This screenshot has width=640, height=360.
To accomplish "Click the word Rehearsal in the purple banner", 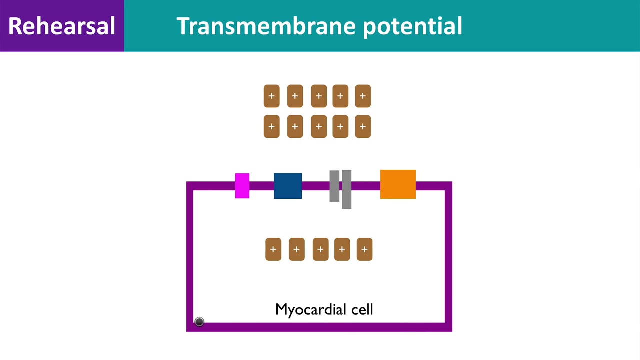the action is point(61,26).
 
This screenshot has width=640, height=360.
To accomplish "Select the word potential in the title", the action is point(413,27).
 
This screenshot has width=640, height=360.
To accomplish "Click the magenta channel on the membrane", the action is point(242,186).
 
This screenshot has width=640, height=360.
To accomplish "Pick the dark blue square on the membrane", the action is point(288,186).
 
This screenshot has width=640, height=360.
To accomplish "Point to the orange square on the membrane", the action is point(398,184).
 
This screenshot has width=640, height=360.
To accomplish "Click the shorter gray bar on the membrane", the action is point(334,186).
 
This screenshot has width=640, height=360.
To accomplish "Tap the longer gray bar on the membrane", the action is point(347,189).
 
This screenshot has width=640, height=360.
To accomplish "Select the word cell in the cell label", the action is point(362,309).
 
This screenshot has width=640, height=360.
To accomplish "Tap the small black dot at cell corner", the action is point(199,322).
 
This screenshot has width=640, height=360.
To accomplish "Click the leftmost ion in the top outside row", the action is point(271,96).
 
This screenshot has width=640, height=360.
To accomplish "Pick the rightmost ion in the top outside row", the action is point(363,96).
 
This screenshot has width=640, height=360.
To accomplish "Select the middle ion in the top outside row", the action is point(319,96).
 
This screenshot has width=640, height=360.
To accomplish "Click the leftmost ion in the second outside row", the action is point(271,126).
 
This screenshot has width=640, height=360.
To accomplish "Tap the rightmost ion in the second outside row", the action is point(363,126).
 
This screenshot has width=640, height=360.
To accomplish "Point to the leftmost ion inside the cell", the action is point(273,249).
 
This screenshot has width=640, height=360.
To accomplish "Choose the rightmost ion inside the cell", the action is point(364,249).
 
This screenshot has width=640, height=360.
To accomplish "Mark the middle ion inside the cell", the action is point(320,249).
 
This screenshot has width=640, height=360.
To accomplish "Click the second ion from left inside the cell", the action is point(297,249).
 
